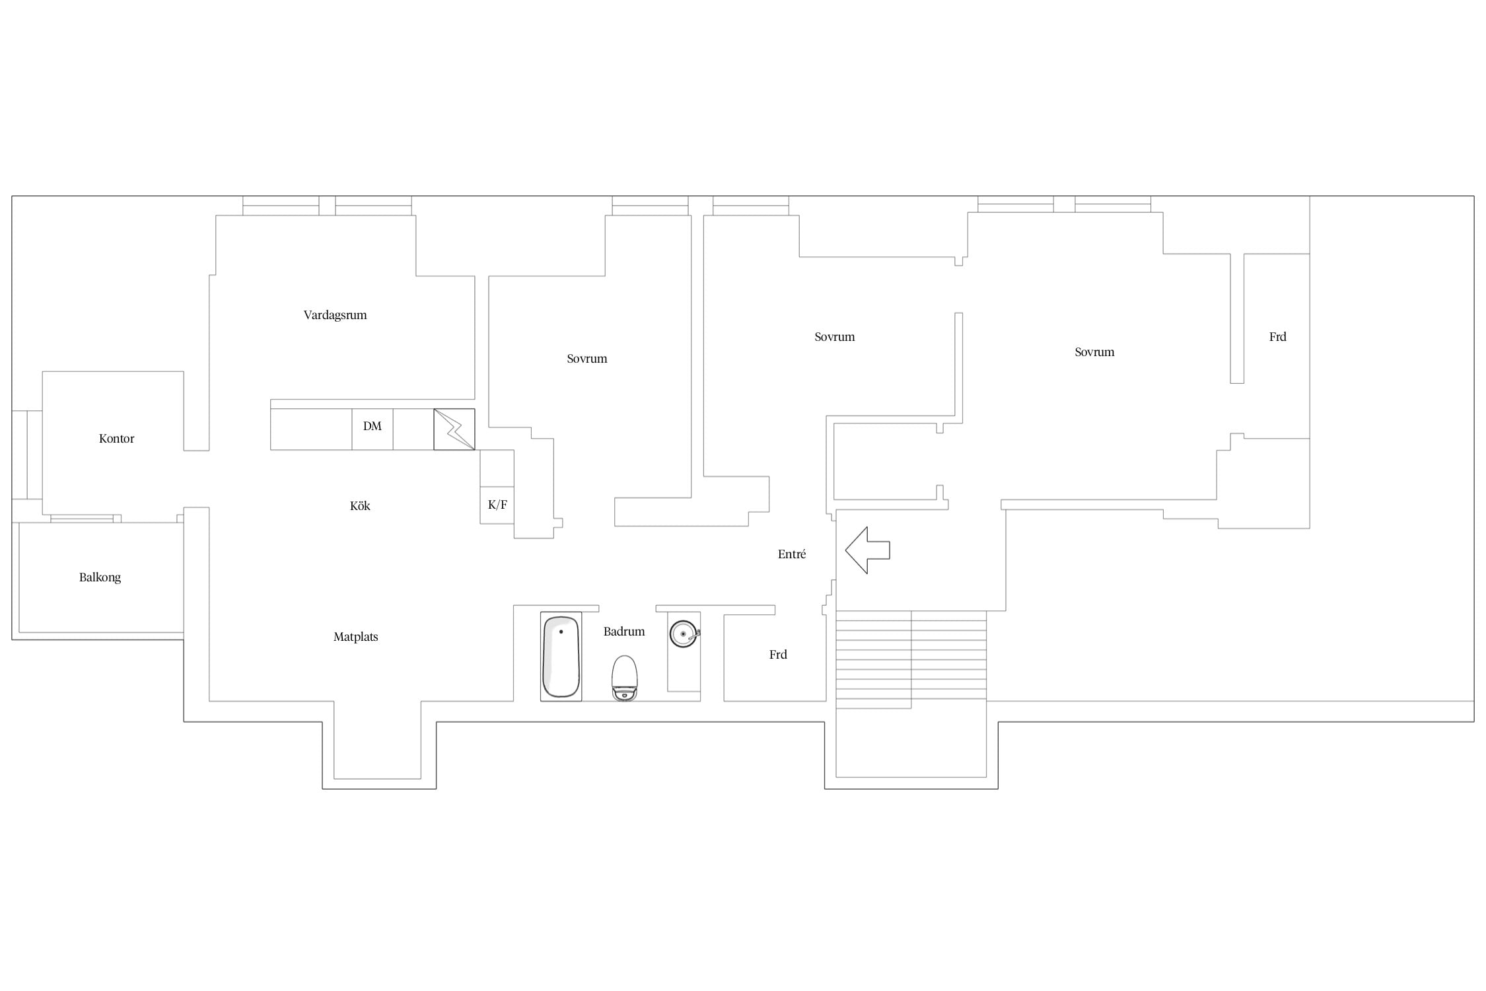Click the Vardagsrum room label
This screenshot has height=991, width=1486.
tap(335, 315)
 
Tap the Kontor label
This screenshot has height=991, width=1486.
tap(116, 439)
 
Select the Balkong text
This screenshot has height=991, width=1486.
tap(100, 577)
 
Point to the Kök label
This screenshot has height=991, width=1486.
tap(360, 506)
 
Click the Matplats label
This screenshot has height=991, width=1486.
tap(355, 637)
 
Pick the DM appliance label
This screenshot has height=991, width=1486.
tap(372, 426)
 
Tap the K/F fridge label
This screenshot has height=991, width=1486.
tap(497, 505)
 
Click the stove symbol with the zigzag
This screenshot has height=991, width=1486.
tap(454, 429)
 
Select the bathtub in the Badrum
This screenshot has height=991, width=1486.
tap(561, 657)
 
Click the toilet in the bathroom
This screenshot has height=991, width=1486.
tap(624, 678)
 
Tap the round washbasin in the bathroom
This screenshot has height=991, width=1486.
tap(684, 634)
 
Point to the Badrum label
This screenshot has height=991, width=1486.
tap(624, 632)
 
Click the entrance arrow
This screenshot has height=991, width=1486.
tap(867, 550)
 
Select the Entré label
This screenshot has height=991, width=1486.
tap(792, 554)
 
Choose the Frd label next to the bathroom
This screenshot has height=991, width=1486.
tap(778, 655)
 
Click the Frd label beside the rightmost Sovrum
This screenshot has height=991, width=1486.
tap(1278, 337)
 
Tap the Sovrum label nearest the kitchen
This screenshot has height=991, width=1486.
tap(586, 359)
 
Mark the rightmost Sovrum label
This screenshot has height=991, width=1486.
tap(1094, 352)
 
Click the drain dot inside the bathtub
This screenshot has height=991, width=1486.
tap(561, 632)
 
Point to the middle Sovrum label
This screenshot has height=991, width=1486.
tap(834, 337)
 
